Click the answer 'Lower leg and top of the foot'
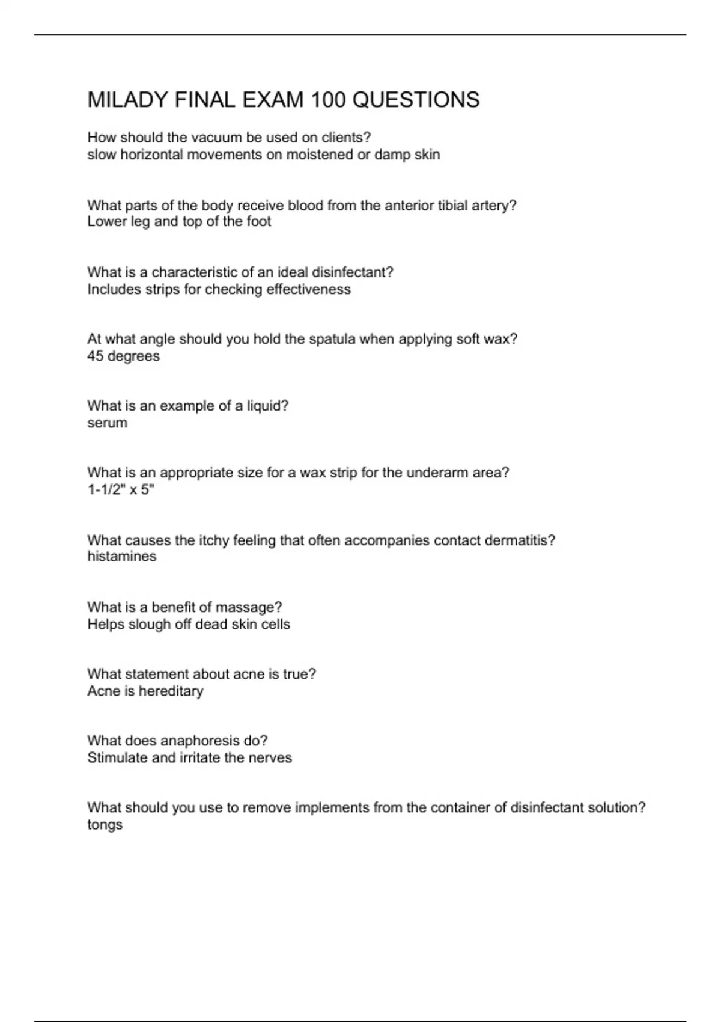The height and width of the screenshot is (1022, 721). [179, 221]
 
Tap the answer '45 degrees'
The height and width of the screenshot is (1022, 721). [123, 356]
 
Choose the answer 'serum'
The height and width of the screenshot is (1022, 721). [107, 423]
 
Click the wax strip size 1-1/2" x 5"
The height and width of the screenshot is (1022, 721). [121, 489]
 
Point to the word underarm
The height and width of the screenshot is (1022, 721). [436, 473]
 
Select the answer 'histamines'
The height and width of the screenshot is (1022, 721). [121, 556]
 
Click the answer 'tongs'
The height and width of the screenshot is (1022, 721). [105, 825]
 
